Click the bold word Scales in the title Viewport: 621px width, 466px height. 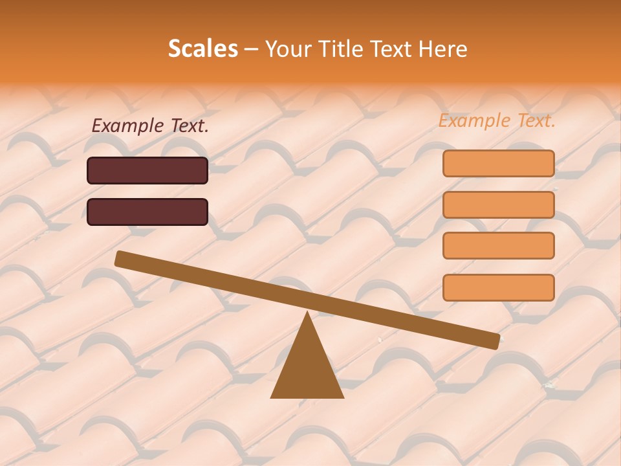click(x=202, y=49)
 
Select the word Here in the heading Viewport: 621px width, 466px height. click(x=443, y=49)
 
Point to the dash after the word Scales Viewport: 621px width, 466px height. click(x=251, y=49)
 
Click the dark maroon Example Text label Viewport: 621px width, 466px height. click(x=150, y=126)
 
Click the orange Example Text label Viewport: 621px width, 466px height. click(x=497, y=120)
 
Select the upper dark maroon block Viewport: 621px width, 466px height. click(x=147, y=170)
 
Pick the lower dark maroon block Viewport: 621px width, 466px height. click(x=147, y=212)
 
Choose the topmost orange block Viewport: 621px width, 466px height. click(x=498, y=163)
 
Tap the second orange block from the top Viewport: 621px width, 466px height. click(x=498, y=205)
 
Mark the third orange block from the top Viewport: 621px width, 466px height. click(x=498, y=245)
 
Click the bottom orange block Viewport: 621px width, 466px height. click(x=498, y=287)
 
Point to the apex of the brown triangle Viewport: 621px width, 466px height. click(x=307, y=314)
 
